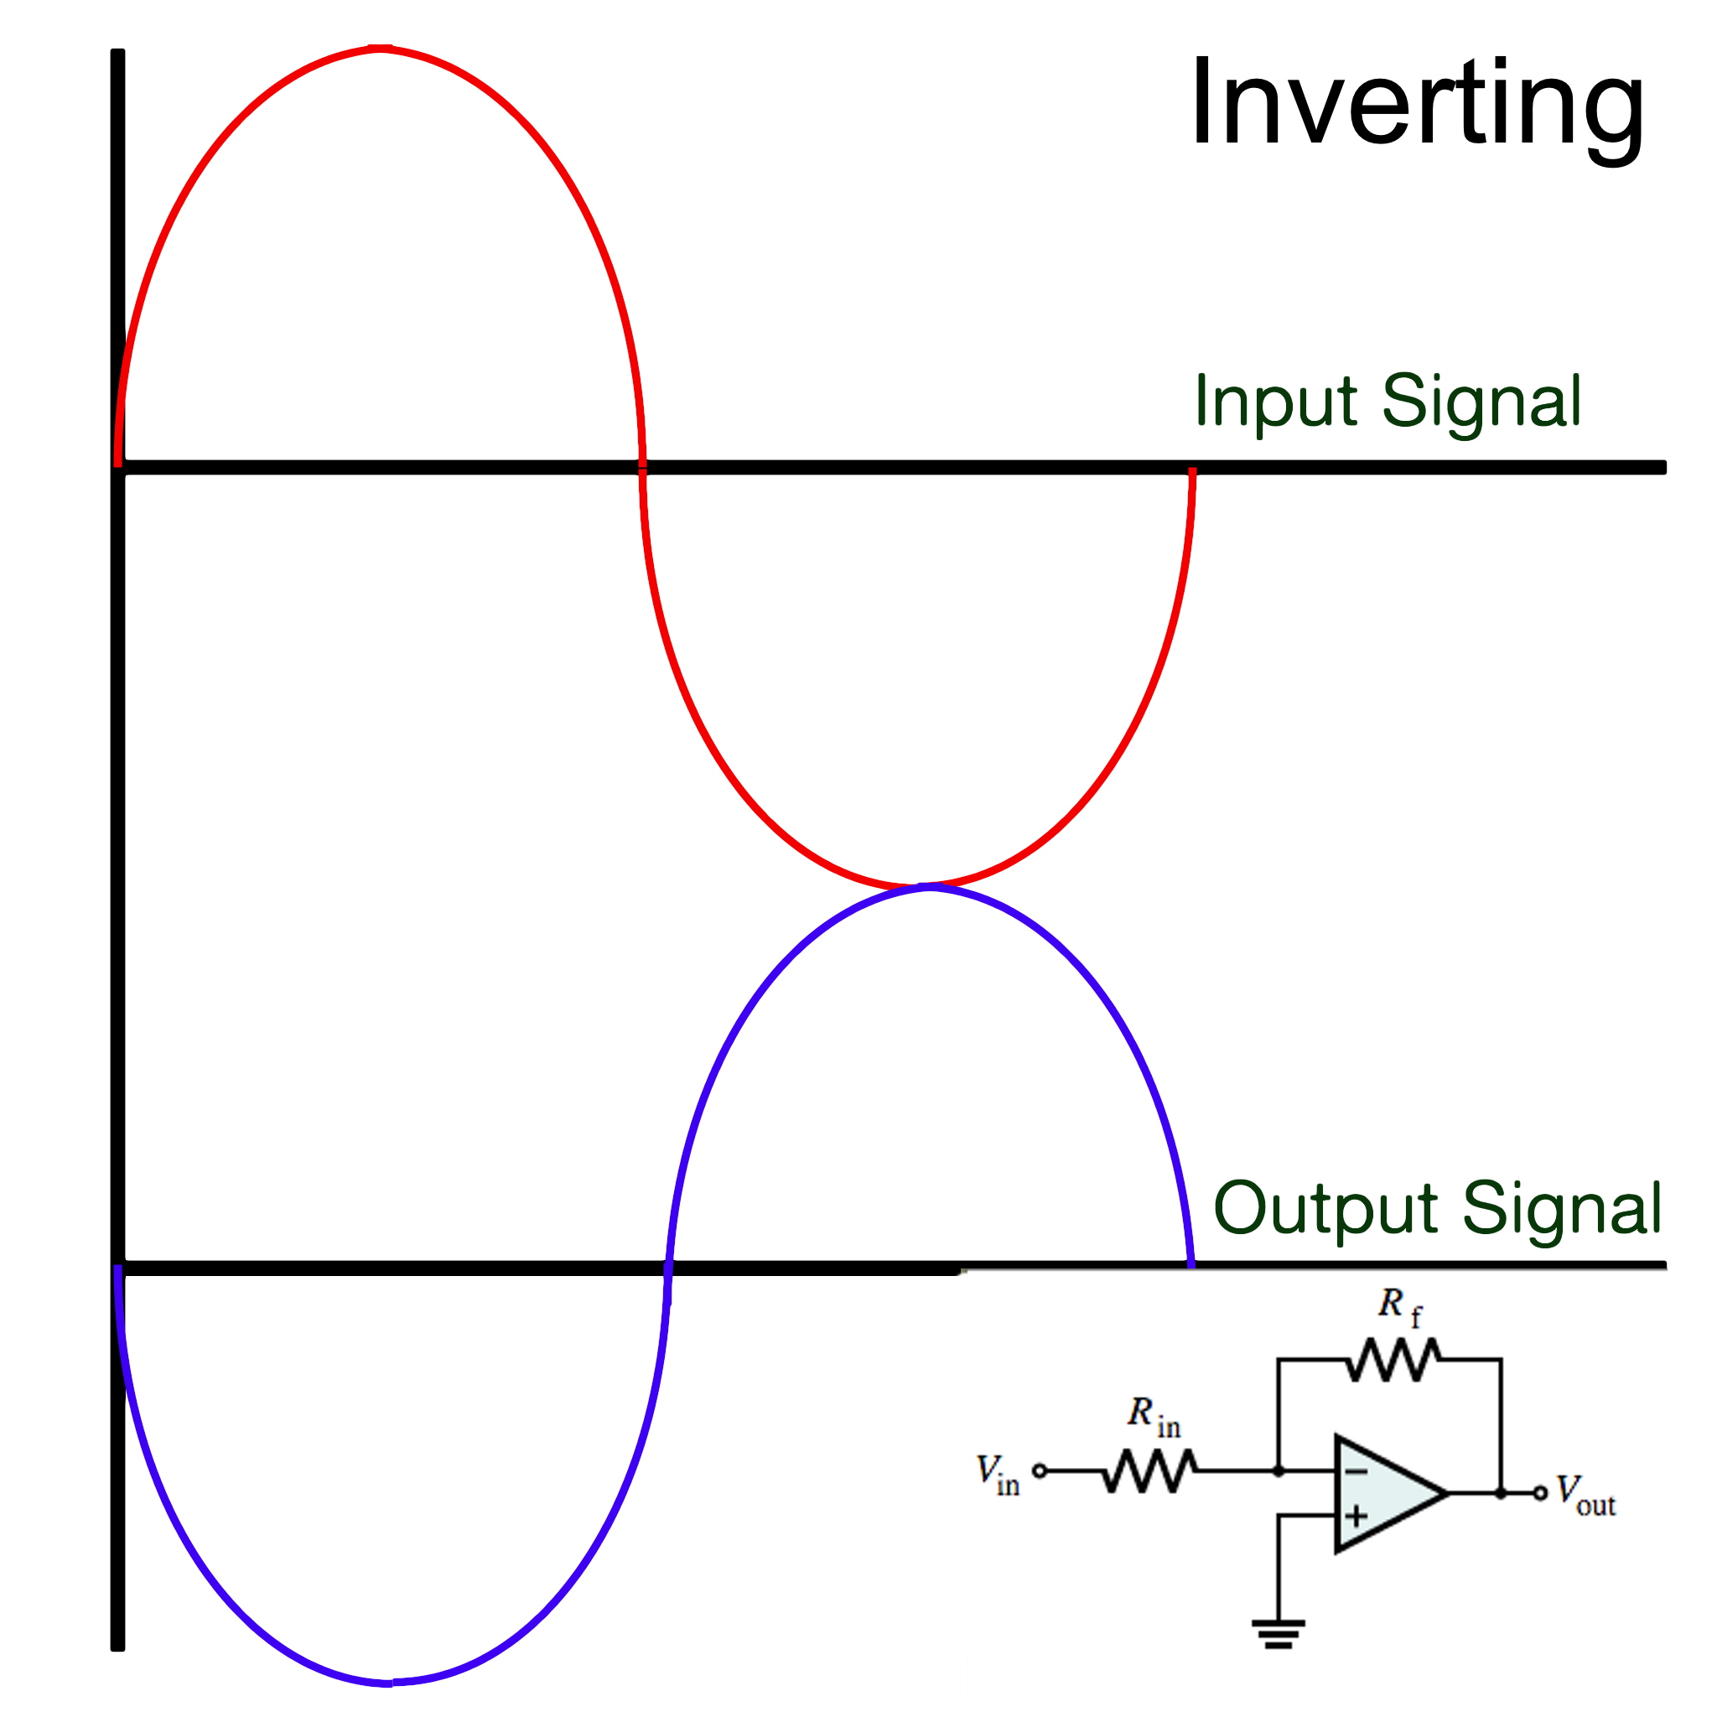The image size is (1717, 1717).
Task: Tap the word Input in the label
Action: tap(1276, 402)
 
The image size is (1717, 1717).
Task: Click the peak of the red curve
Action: tap(381, 48)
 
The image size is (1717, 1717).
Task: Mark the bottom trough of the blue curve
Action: tap(387, 1683)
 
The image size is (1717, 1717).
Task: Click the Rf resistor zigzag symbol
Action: tap(1393, 1361)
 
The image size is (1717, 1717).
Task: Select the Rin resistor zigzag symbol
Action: tap(1150, 1471)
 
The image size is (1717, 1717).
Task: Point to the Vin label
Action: tap(997, 1475)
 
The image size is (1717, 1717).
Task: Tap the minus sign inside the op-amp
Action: tap(1356, 1471)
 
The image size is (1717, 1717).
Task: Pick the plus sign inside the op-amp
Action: tap(1356, 1515)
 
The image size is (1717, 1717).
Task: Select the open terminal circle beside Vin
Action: tap(1039, 1471)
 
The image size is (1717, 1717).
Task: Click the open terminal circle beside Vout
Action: tap(1541, 1493)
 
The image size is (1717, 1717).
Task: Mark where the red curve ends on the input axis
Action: tap(1193, 471)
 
